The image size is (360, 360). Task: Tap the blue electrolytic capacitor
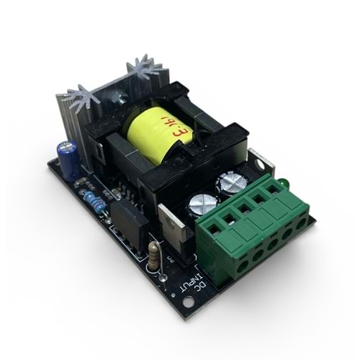point(70,161)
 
